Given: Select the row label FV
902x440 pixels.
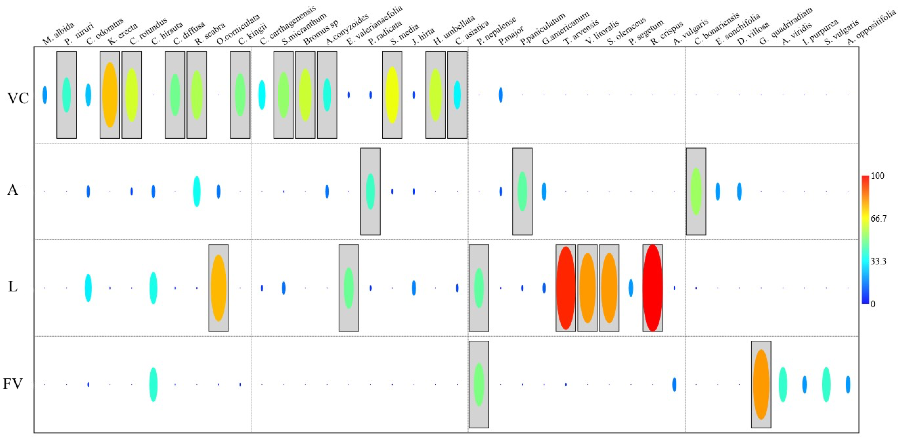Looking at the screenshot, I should [13, 384].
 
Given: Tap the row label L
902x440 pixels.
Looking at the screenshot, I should [13, 287].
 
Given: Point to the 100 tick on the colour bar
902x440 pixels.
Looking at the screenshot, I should [877, 176].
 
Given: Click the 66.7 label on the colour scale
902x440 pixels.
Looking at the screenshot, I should [879, 218].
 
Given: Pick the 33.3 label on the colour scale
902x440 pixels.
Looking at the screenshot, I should [878, 261].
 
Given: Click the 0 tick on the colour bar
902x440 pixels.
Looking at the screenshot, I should [873, 303].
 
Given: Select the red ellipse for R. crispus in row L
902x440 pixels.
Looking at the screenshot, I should [652, 288].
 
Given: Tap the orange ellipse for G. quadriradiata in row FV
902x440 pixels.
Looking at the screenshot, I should [761, 384].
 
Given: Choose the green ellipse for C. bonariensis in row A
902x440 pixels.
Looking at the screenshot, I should [696, 191].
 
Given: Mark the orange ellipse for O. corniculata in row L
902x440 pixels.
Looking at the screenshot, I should [219, 288].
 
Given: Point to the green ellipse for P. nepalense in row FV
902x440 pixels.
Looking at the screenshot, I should [479, 384].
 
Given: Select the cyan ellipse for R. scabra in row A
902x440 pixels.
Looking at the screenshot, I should [197, 191].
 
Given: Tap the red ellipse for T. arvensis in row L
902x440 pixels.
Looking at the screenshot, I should [566, 288].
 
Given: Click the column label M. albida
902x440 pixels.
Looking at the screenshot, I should [58, 34].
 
